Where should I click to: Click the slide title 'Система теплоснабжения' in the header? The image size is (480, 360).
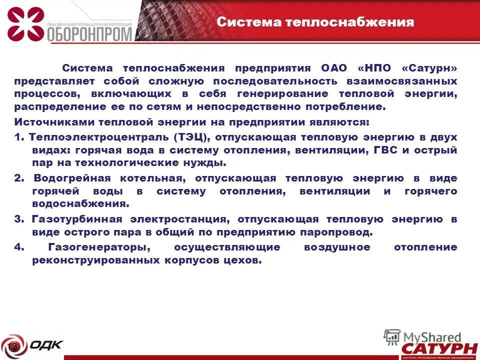click(315, 22)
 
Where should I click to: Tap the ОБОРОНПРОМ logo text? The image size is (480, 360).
click(90, 34)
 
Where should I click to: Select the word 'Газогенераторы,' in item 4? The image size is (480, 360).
click(100, 247)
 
